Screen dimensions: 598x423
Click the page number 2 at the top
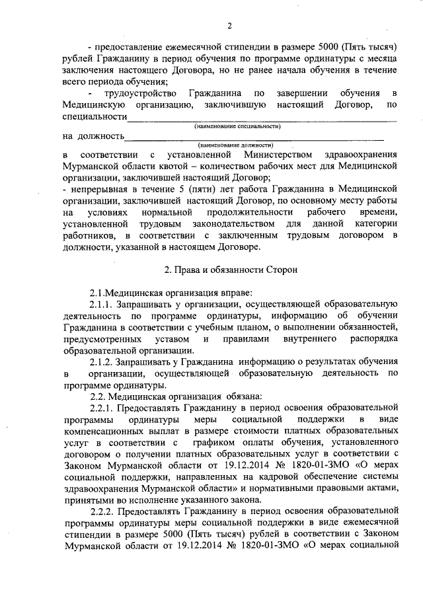point(229,26)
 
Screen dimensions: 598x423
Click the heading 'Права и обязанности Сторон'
point(225,270)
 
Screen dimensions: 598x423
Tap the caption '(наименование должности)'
point(235,144)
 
